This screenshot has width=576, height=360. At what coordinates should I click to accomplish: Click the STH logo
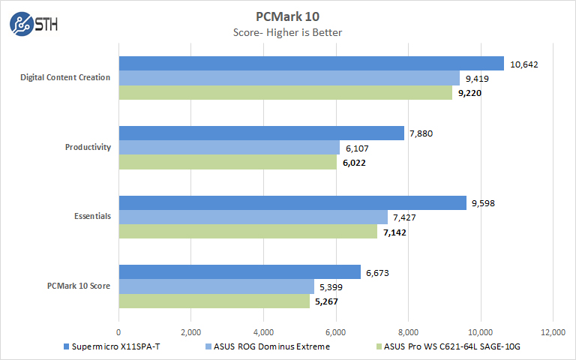click(34, 23)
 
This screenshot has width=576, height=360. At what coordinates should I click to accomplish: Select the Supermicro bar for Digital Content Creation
click(311, 63)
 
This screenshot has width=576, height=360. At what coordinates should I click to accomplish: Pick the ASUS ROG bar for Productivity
click(229, 147)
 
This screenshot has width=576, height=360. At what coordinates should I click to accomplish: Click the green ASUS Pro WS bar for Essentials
click(247, 232)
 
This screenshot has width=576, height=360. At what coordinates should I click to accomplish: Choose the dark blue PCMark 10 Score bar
click(239, 271)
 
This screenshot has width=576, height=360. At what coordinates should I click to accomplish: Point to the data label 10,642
click(524, 64)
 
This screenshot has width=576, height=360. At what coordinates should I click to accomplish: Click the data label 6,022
click(357, 163)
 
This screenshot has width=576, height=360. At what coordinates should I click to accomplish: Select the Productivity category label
click(88, 147)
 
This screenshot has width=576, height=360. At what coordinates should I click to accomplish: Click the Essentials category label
click(93, 217)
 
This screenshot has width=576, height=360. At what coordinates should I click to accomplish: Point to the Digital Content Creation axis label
click(67, 77)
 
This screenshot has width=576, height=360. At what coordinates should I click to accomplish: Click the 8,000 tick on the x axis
click(408, 332)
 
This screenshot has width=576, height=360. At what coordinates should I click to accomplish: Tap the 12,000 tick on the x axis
click(552, 332)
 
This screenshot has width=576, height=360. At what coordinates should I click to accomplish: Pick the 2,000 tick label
click(190, 332)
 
